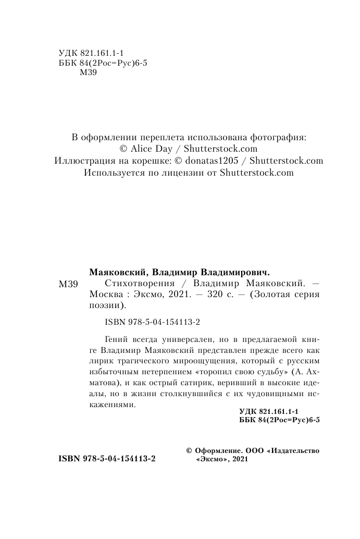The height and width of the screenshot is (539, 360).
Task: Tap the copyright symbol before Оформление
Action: click(189, 450)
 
